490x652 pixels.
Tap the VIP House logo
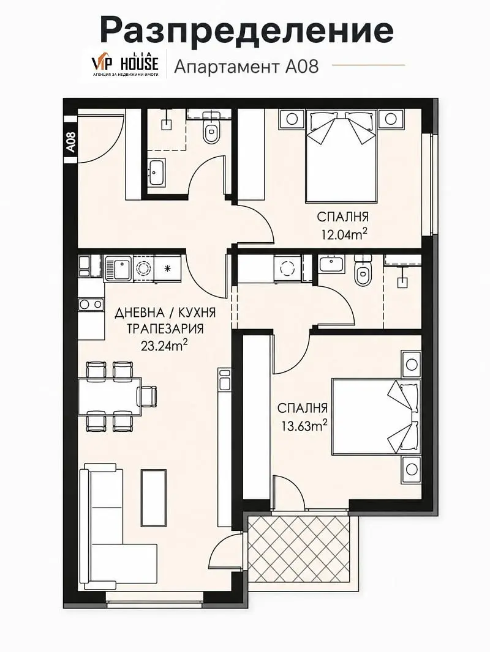tap(124, 63)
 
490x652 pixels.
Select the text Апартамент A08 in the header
tap(246, 66)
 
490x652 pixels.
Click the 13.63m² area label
tap(303, 425)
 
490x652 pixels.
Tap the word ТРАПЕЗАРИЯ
tap(165, 329)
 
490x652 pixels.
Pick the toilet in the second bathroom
tap(363, 271)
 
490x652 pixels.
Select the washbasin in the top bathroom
tap(157, 172)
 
